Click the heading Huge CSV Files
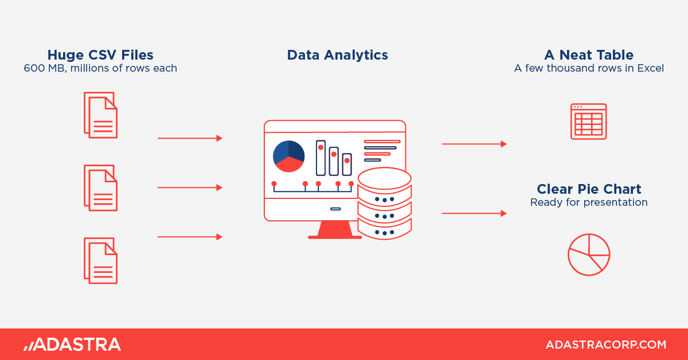[100, 55]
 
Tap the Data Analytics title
[337, 55]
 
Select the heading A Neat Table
[589, 55]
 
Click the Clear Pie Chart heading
[589, 189]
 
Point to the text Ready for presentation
[589, 202]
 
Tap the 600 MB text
[45, 68]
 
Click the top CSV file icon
[101, 115]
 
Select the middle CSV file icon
[101, 187]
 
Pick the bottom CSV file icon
[101, 260]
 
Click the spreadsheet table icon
[588, 122]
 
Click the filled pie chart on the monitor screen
[289, 156]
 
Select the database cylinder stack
[385, 204]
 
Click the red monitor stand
[335, 230]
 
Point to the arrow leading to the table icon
[474, 144]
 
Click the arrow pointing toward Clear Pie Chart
[474, 213]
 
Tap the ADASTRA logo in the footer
[72, 345]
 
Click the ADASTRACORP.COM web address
[605, 345]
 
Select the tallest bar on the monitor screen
[320, 158]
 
